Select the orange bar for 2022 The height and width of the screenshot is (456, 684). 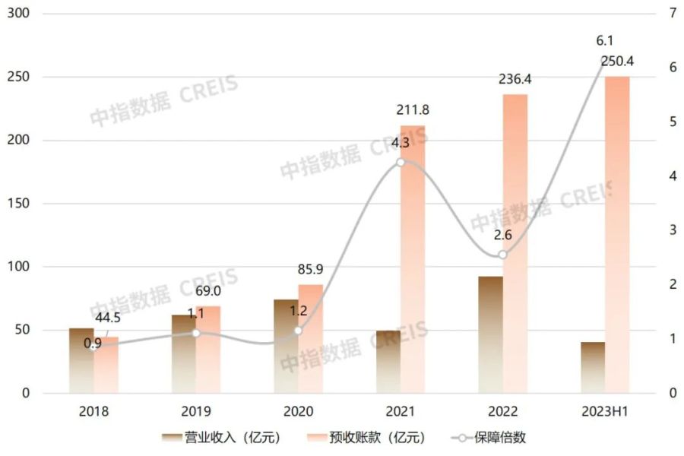coord(515,243)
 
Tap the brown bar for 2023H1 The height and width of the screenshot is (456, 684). coord(593,367)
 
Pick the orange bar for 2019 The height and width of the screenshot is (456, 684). coord(207,350)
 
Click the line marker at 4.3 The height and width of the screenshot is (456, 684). coord(401,161)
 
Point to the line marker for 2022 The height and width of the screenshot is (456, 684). coord(502,255)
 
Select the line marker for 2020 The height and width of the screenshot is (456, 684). coord(298,331)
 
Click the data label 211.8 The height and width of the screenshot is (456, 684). coord(413,112)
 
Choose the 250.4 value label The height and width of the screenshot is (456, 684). coord(617,61)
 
